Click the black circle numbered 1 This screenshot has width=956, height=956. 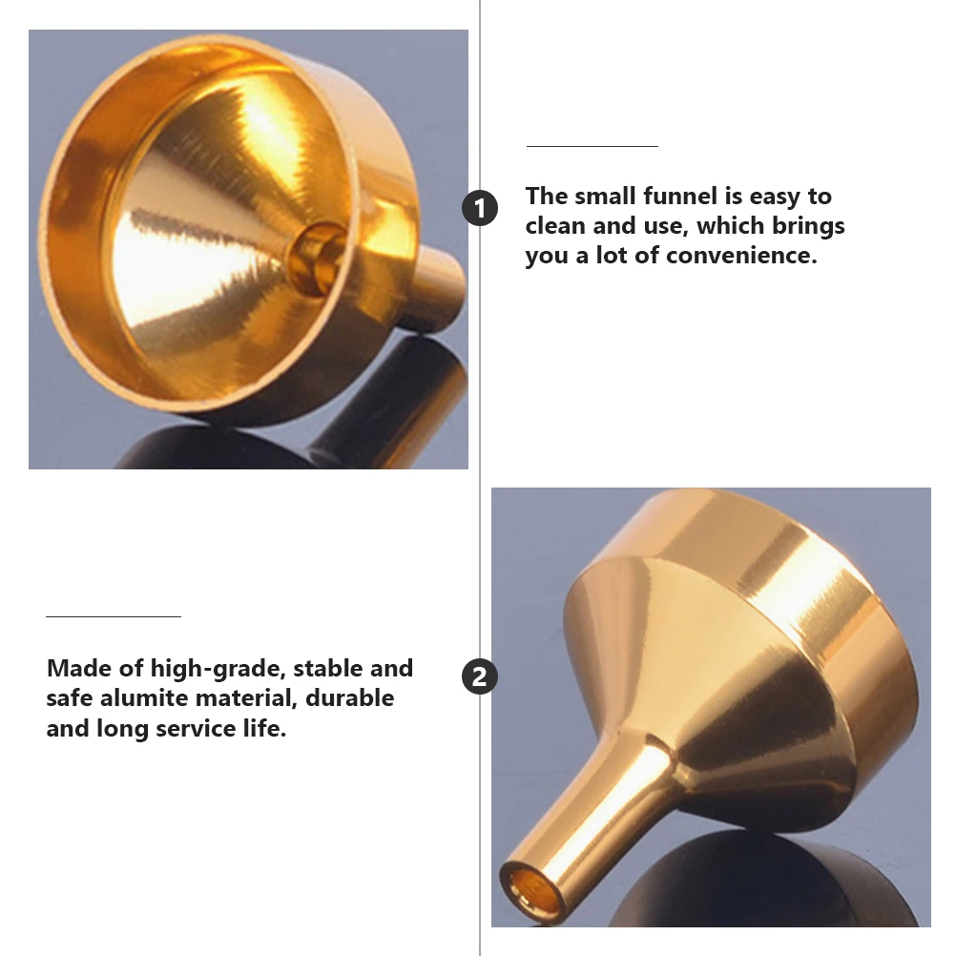(x=480, y=208)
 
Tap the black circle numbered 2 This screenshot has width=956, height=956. (x=480, y=677)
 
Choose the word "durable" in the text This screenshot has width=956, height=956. (x=350, y=698)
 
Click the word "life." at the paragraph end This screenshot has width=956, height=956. (x=261, y=729)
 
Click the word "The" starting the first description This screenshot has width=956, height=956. (x=547, y=197)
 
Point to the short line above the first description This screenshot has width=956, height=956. (x=592, y=146)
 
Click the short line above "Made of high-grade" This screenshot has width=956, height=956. (x=113, y=616)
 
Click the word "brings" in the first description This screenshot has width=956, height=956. (x=811, y=226)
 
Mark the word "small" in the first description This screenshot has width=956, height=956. (x=608, y=197)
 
